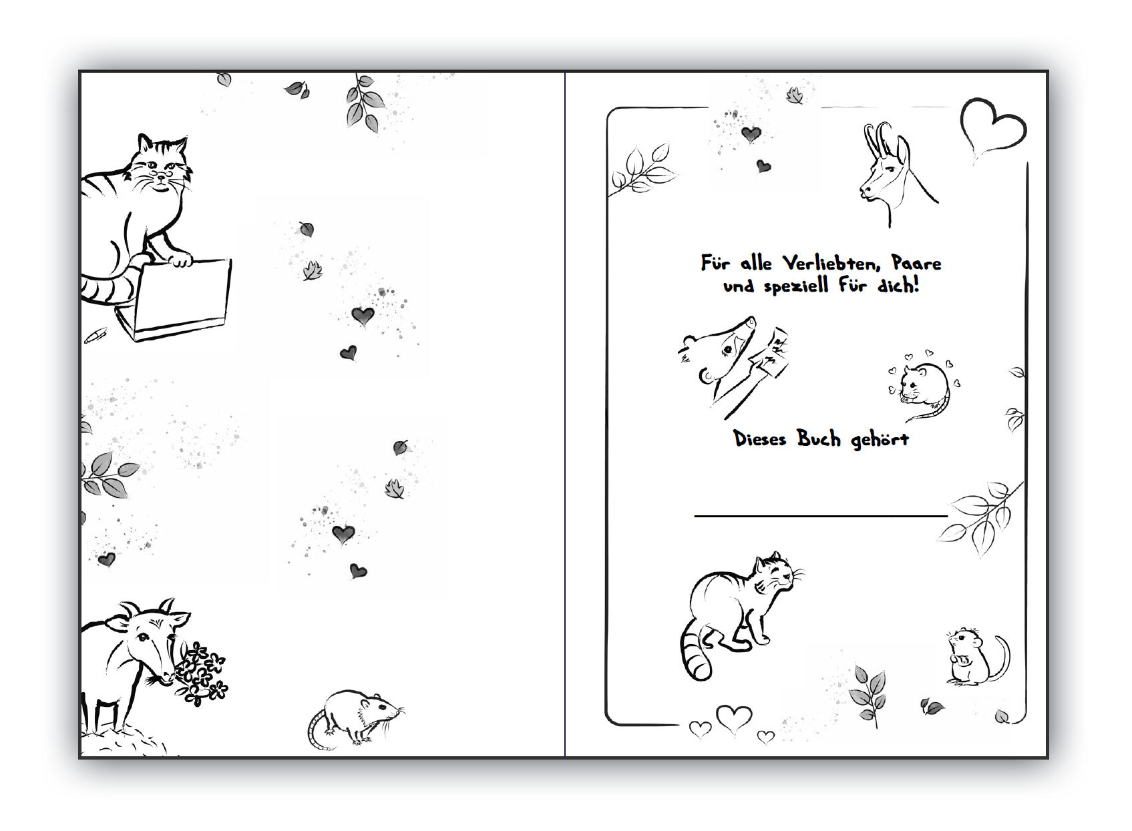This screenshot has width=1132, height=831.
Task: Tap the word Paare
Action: click(x=916, y=263)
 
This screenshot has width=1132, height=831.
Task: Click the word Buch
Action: click(x=819, y=439)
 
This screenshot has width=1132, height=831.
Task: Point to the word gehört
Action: click(x=880, y=439)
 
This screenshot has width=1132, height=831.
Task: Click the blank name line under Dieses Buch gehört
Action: click(x=821, y=516)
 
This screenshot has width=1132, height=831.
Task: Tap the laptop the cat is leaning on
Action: click(x=174, y=300)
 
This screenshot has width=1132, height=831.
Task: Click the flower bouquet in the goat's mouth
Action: click(x=201, y=674)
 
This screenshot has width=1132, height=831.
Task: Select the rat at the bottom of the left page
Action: click(x=356, y=719)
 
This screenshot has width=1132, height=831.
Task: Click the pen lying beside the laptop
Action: click(x=95, y=336)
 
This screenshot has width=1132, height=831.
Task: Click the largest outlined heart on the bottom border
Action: click(x=734, y=718)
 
